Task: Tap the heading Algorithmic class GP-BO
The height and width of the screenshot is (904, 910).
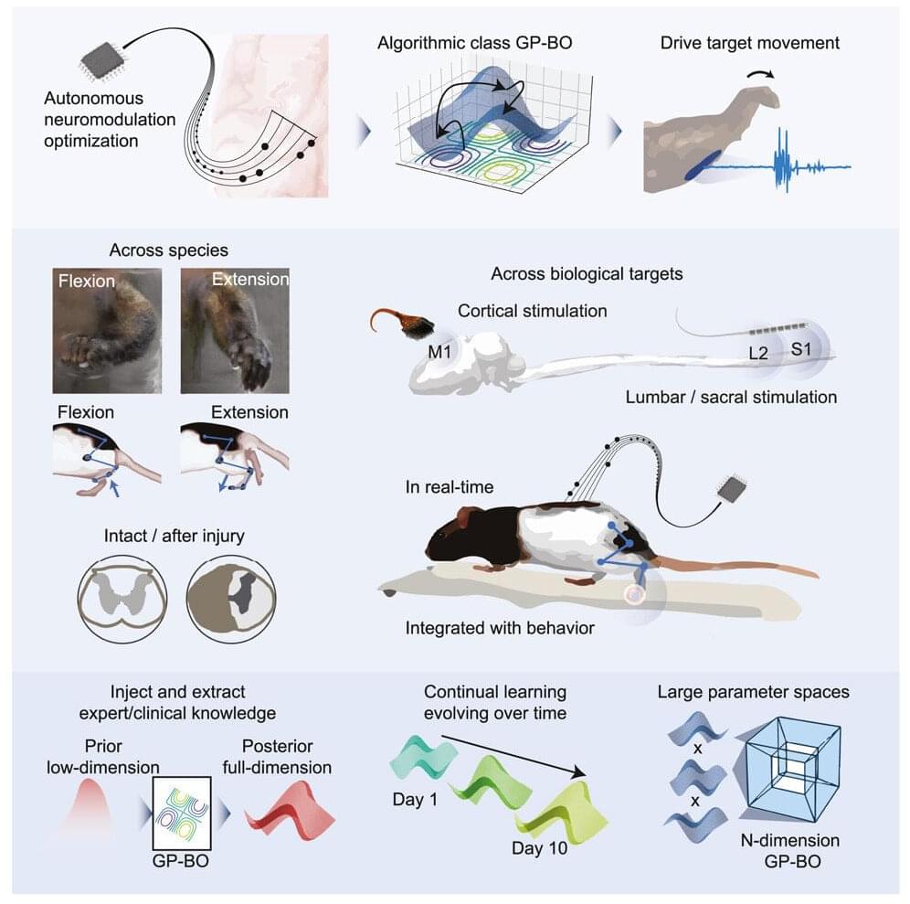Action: tap(475, 43)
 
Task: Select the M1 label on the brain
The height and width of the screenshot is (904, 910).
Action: tap(439, 351)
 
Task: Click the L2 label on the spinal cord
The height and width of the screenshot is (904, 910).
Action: tap(758, 353)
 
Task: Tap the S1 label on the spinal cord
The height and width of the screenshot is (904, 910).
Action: tap(801, 349)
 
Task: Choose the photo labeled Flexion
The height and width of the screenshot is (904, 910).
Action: tap(108, 330)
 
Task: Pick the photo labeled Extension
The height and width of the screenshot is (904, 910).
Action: tap(235, 330)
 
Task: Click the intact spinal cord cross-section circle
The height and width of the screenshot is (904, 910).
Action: tap(122, 599)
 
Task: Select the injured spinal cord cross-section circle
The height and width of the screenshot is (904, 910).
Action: tap(231, 599)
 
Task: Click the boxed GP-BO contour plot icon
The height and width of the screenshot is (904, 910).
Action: tap(182, 813)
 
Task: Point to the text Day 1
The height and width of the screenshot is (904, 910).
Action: tap(415, 800)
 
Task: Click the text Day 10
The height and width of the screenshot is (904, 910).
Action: tap(539, 848)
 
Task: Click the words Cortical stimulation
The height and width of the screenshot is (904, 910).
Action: tap(532, 311)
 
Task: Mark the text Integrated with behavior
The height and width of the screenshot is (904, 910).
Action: tap(500, 628)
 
